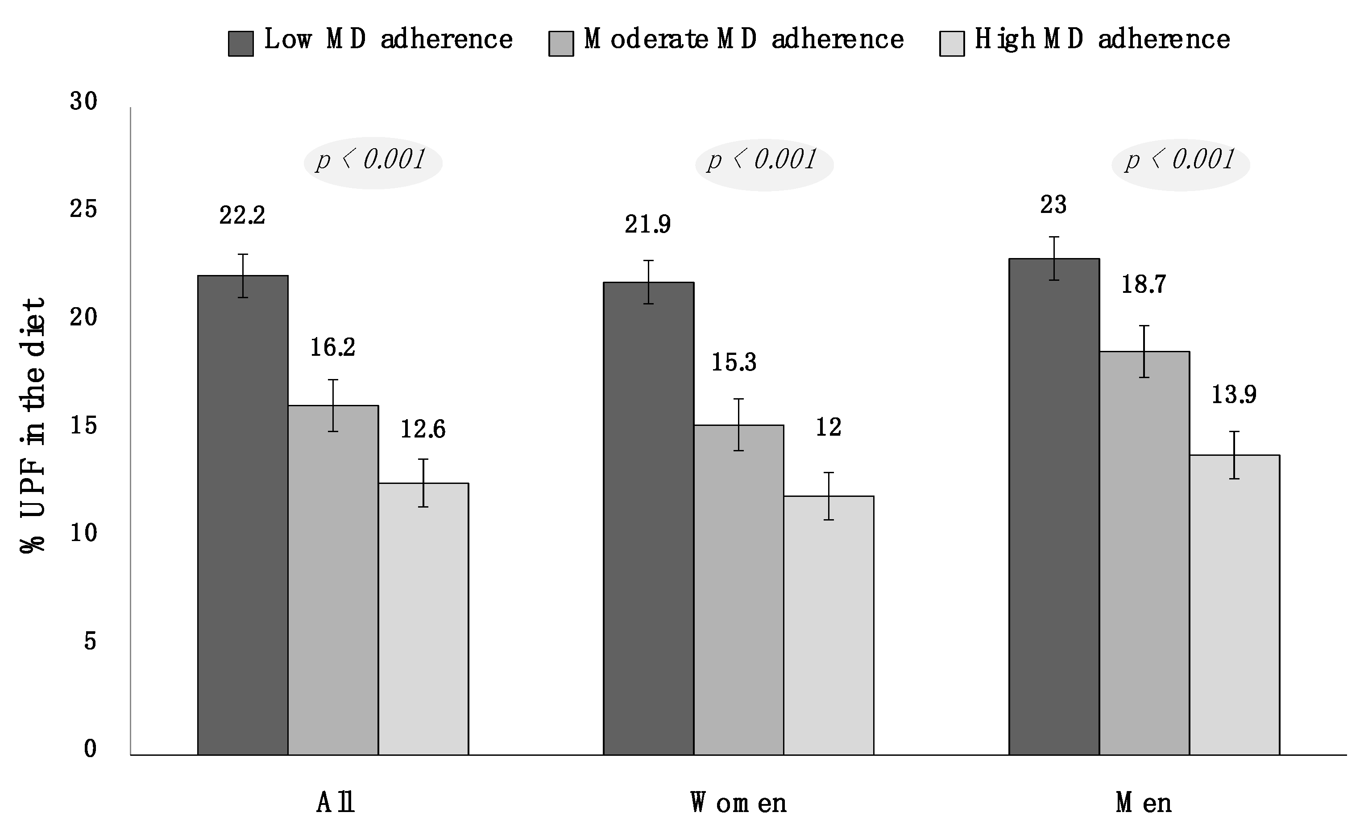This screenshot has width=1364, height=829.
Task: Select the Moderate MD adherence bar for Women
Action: (738, 590)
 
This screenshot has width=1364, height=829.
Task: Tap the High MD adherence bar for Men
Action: (1235, 605)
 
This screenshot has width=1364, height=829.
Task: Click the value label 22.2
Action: (242, 216)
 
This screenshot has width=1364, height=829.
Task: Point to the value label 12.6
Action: (423, 429)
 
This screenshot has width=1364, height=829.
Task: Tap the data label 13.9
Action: (1234, 395)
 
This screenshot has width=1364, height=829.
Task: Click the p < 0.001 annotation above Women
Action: (764, 161)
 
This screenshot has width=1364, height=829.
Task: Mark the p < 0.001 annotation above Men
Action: (1180, 161)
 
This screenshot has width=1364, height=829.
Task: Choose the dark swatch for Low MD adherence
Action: (241, 43)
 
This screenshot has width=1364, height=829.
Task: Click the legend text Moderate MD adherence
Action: (743, 39)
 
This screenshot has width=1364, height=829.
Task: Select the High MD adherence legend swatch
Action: (952, 43)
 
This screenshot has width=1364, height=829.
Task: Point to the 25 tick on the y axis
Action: (83, 209)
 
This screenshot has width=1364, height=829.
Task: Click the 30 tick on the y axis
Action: (83, 101)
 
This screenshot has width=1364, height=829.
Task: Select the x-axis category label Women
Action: (738, 802)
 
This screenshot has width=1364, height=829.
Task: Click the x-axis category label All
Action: (336, 802)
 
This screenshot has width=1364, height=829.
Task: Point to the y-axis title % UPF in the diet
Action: (32, 425)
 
